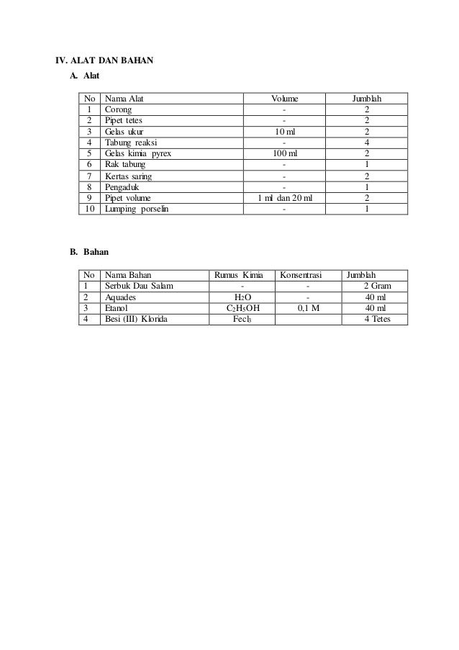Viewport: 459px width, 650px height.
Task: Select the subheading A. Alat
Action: point(84,76)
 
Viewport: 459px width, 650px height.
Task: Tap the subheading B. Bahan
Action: point(88,253)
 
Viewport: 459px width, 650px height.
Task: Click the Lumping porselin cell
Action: point(137,209)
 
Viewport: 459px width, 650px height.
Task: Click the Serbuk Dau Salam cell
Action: point(139,286)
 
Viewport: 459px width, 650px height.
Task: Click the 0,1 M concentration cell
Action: point(308,307)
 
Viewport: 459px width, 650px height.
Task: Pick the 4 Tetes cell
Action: point(377,318)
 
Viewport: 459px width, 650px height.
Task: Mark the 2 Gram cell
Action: point(377,286)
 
